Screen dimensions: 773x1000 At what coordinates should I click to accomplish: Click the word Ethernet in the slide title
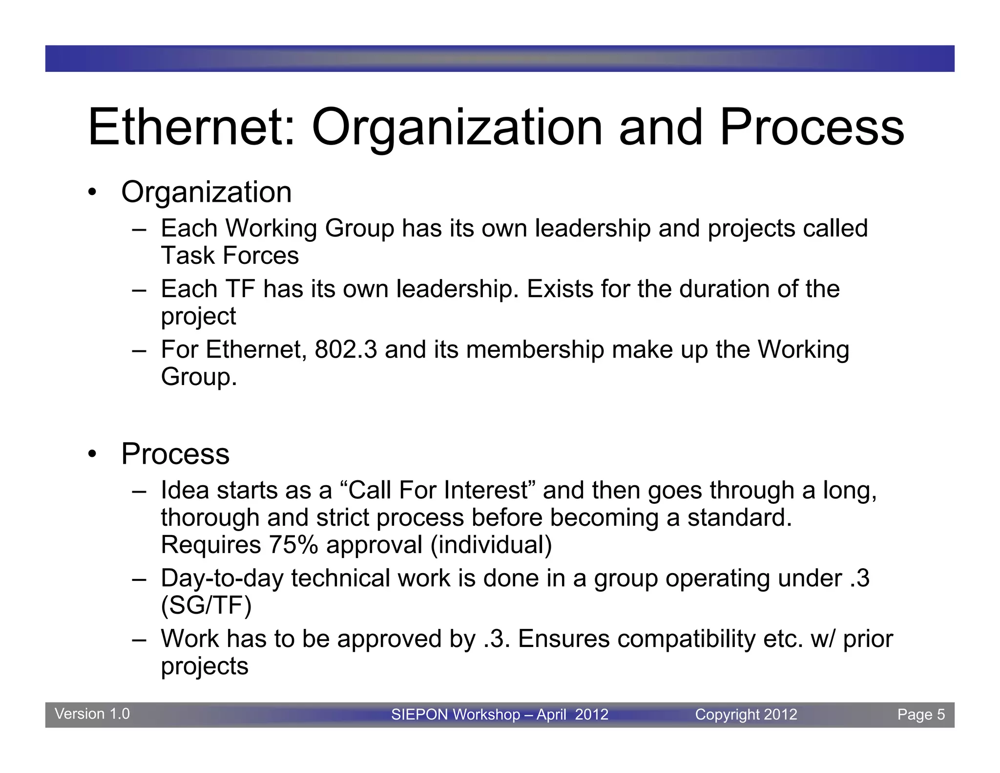(191, 128)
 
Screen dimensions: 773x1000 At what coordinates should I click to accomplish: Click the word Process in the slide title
(812, 128)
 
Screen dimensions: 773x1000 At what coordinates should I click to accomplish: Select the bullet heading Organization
(206, 192)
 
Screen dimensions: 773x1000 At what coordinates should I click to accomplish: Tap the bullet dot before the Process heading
(92, 454)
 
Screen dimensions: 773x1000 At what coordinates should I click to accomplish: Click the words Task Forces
(229, 256)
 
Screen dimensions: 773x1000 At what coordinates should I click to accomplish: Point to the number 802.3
(346, 350)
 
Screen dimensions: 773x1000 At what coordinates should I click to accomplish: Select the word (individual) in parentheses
(491, 545)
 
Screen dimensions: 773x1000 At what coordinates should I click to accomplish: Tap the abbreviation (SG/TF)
(206, 606)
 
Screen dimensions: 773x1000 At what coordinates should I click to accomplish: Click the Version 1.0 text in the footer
(92, 714)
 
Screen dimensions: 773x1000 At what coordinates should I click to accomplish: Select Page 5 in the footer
(920, 714)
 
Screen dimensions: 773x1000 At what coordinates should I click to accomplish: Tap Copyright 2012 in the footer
(746, 714)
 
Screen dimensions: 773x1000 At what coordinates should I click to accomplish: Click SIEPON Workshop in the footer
(455, 714)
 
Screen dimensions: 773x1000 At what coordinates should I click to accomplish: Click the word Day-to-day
(222, 579)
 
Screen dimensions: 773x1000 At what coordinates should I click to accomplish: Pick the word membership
(535, 350)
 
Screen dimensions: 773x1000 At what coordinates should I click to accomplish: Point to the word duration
(724, 289)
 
